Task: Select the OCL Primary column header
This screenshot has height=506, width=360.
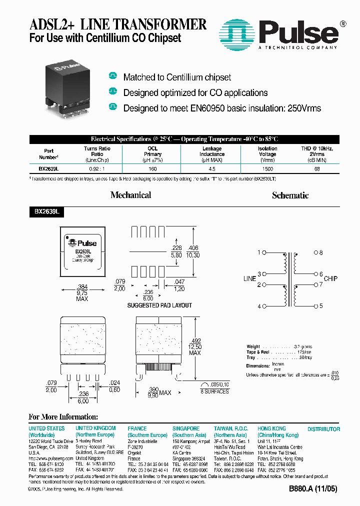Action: coord(153,151)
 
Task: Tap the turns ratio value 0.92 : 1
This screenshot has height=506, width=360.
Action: coord(97,169)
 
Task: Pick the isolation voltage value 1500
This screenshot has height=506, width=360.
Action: coord(267,169)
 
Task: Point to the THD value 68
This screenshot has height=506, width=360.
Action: coord(316,169)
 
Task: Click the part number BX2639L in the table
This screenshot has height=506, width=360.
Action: coord(48,169)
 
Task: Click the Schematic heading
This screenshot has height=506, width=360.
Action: coord(290,195)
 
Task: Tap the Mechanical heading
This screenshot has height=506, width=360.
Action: coord(130,195)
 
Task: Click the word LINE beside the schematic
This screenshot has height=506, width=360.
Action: coord(249,279)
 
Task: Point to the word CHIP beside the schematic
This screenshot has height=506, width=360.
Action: coord(330,279)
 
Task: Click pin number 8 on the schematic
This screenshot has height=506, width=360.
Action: coord(321,253)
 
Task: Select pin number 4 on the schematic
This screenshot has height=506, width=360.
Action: coord(259,306)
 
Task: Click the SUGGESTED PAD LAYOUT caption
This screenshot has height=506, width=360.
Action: coord(159,305)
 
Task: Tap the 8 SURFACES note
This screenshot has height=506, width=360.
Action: coord(214,391)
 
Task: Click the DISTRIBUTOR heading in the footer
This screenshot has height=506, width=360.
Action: coord(323,429)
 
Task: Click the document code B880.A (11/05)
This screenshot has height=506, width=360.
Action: coord(309,489)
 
